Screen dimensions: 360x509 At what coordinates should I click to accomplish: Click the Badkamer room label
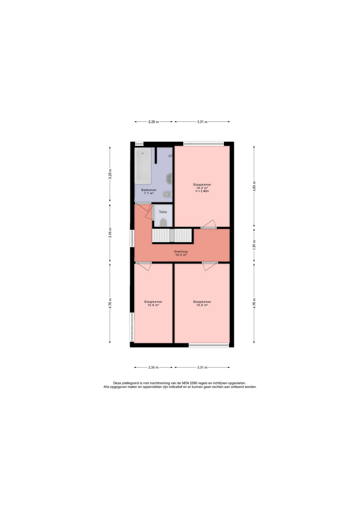click(x=149, y=190)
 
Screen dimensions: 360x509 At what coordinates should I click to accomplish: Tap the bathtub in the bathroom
click(x=143, y=166)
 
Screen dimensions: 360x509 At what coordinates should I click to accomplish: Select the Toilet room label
click(x=163, y=212)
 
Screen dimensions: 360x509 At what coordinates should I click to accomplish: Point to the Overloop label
click(x=181, y=252)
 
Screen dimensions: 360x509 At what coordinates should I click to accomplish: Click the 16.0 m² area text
click(x=202, y=188)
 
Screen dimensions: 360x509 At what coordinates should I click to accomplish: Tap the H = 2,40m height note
click(x=202, y=191)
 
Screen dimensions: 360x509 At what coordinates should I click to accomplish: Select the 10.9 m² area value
click(x=153, y=305)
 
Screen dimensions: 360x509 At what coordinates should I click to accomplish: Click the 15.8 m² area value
click(x=202, y=305)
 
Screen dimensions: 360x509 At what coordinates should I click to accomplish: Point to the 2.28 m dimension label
click(x=153, y=122)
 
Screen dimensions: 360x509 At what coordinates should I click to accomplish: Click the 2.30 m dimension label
click(x=153, y=367)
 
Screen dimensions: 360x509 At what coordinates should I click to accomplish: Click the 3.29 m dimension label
click(x=110, y=174)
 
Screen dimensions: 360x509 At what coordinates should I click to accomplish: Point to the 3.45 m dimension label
click(x=110, y=233)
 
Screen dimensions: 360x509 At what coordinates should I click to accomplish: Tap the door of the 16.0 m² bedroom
click(x=209, y=224)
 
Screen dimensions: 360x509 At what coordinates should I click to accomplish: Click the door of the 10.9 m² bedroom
click(x=143, y=266)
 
